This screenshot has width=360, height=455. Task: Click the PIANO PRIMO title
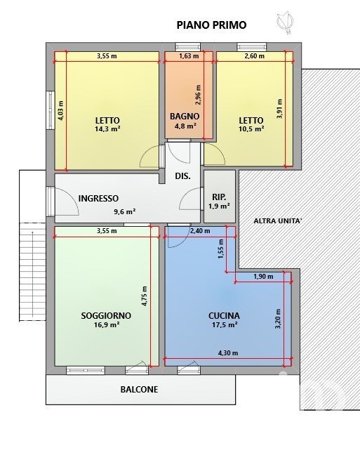pyautogui.click(x=211, y=25)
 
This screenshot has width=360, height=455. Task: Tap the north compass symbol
pyautogui.click(x=285, y=22)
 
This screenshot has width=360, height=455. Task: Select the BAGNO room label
pyautogui.click(x=185, y=117)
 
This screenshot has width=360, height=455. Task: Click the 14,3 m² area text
pyautogui.click(x=107, y=128)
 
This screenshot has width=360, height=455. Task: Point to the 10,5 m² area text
pyautogui.click(x=251, y=128)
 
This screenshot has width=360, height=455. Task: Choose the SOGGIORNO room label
pyautogui.click(x=106, y=315)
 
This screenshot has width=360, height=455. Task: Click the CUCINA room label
pyautogui.click(x=225, y=315)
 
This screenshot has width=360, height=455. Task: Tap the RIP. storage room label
pyautogui.click(x=219, y=197)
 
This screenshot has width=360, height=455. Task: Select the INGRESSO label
pyautogui.click(x=98, y=199)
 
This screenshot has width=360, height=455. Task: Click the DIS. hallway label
pyautogui.click(x=182, y=176)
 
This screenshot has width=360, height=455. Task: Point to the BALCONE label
pyautogui.click(x=139, y=390)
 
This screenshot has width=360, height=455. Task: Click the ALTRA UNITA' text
pyautogui.click(x=278, y=220)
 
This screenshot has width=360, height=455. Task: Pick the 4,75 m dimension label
pyautogui.click(x=145, y=296)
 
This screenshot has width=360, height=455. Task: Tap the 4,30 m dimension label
pyautogui.click(x=228, y=353)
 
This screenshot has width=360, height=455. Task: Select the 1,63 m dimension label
pyautogui.click(x=189, y=56)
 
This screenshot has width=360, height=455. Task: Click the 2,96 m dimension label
pyautogui.click(x=198, y=95)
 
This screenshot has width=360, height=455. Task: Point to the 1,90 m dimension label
pyautogui.click(x=263, y=277)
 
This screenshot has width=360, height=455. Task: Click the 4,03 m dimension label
pyautogui.click(x=60, y=110)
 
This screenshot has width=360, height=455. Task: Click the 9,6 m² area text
pyautogui.click(x=125, y=211)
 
